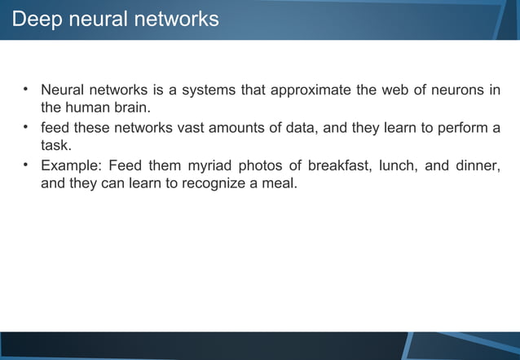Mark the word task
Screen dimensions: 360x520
point(56,147)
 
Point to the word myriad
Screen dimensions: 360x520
point(208,167)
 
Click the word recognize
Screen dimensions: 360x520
point(214,185)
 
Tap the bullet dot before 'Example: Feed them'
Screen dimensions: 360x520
point(26,165)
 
